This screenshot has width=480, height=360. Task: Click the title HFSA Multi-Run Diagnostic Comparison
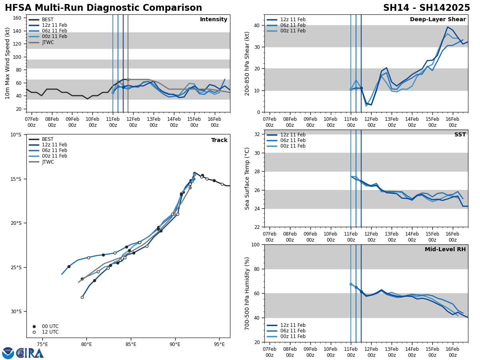click(x=103, y=8)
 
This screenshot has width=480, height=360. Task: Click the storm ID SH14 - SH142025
click(x=426, y=8)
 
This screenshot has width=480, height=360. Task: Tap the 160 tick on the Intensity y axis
click(x=17, y=18)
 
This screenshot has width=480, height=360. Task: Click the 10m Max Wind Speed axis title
click(x=7, y=63)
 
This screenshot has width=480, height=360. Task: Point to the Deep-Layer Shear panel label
click(x=438, y=20)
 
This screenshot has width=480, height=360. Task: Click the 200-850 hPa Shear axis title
click(x=247, y=63)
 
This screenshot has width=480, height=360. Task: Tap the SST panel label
click(x=460, y=135)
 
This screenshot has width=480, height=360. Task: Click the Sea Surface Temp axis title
click(x=247, y=178)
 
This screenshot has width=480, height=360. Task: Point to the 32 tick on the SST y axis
click(x=257, y=134)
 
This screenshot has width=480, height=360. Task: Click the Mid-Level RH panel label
click(x=445, y=250)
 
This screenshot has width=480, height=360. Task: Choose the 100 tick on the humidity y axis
click(x=255, y=244)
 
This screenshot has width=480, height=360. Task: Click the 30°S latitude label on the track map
click(x=15, y=312)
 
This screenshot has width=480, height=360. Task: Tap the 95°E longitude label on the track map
click(x=219, y=344)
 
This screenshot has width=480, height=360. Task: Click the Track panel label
click(x=219, y=140)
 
